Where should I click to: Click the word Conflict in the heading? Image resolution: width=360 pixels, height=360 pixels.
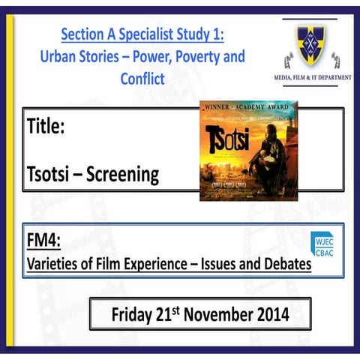tap(142, 79)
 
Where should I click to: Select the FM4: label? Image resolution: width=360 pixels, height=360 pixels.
tap(43, 241)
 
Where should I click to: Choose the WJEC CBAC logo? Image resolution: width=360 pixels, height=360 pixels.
tap(323, 244)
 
